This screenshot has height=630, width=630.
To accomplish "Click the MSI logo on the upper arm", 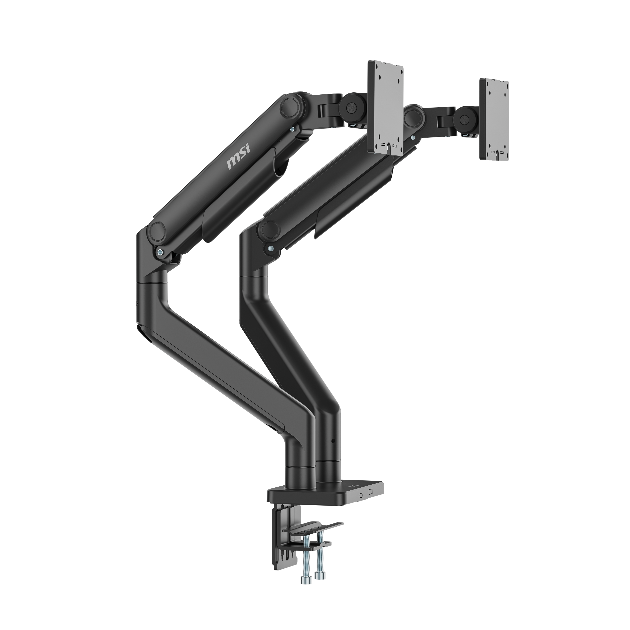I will (x=238, y=158).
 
